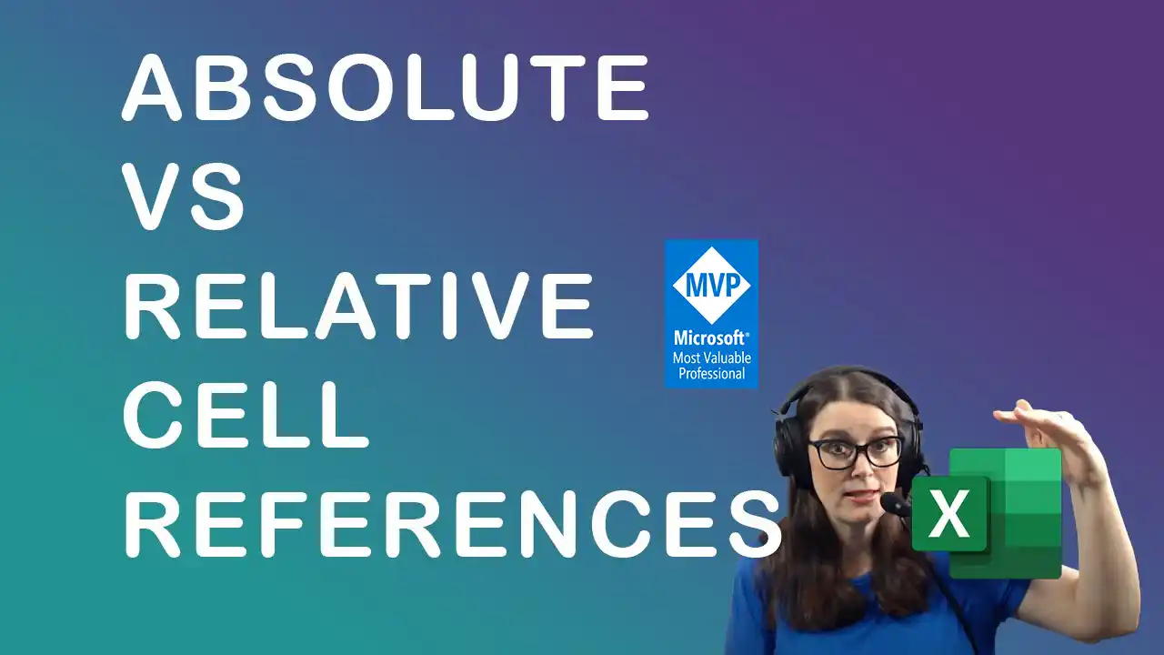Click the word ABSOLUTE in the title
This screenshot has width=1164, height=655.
coord(385,87)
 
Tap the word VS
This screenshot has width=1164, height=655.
coord(183,196)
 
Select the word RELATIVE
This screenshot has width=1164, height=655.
coord(358,305)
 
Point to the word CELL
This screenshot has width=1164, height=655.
coord(246,414)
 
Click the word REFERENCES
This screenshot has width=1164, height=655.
coord(452,523)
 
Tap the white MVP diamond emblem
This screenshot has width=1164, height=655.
coord(711,285)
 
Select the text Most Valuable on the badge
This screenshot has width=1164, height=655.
coord(712,358)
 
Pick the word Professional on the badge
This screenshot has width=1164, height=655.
coord(712,373)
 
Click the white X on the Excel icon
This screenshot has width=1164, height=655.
coord(948,514)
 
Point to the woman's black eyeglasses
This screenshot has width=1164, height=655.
coord(854,453)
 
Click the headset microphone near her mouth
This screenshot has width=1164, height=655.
coord(894,504)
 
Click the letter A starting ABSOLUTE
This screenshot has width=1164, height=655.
coord(151,87)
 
